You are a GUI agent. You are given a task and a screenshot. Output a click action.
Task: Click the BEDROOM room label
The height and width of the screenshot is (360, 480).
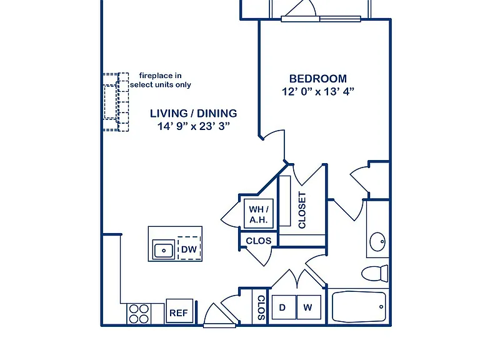pyautogui.click(x=317, y=79)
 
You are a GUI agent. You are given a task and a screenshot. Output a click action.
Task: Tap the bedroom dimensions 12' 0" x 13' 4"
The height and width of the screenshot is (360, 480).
pyautogui.click(x=317, y=91)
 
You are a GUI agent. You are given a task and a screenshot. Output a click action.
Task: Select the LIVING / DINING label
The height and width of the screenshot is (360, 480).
pyautogui.click(x=194, y=114)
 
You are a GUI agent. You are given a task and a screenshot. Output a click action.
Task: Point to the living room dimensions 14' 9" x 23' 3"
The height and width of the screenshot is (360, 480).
pyautogui.click(x=194, y=126)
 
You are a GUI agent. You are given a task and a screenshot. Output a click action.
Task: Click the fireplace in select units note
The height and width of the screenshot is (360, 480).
pyautogui.click(x=161, y=80)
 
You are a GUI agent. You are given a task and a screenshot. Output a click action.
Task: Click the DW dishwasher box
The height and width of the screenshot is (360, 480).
pyautogui.click(x=189, y=248)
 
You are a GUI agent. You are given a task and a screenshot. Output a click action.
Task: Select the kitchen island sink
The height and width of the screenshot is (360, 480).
pyautogui.click(x=164, y=250)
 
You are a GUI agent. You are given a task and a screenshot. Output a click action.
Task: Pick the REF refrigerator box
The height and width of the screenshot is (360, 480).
pyautogui.click(x=179, y=311)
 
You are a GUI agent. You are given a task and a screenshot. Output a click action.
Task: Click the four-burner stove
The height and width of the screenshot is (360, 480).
pyautogui.click(x=139, y=314)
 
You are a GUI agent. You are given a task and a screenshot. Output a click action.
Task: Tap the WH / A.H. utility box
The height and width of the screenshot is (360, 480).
pyautogui.click(x=259, y=214)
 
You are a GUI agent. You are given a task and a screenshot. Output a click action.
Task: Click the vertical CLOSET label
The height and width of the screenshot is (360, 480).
pyautogui.click(x=302, y=210)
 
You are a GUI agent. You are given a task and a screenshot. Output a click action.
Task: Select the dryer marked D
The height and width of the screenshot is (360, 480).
pyautogui.click(x=284, y=307)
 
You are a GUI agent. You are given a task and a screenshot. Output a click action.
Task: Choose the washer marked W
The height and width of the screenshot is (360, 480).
pyautogui.click(x=309, y=307)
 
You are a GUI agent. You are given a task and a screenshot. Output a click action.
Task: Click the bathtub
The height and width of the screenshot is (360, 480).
pyautogui.click(x=359, y=307)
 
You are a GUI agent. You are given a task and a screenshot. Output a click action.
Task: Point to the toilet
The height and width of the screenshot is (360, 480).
pyautogui.click(x=375, y=273)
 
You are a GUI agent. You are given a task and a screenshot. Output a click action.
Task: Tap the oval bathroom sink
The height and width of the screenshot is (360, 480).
pyautogui.click(x=377, y=242)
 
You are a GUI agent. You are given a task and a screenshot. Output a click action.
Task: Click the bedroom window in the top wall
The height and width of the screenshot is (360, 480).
pyautogui.click(x=321, y=19)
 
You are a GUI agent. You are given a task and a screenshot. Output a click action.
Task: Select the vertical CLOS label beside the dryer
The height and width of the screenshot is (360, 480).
pyautogui.click(x=261, y=307)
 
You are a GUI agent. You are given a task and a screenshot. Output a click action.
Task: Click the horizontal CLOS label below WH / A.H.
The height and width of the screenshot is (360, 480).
pyautogui.click(x=259, y=241)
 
